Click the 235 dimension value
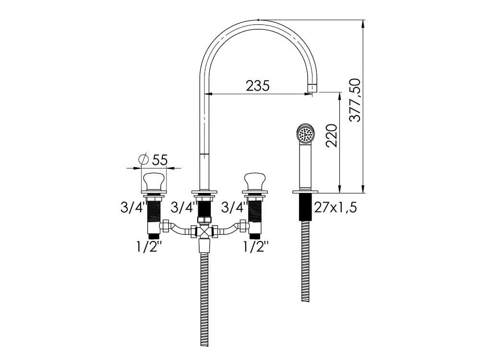click(258, 86)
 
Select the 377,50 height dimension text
click(355, 100)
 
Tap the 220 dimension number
click(332, 136)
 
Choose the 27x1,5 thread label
click(336, 208)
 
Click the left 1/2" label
click(149, 247)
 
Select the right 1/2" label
click(256, 247)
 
